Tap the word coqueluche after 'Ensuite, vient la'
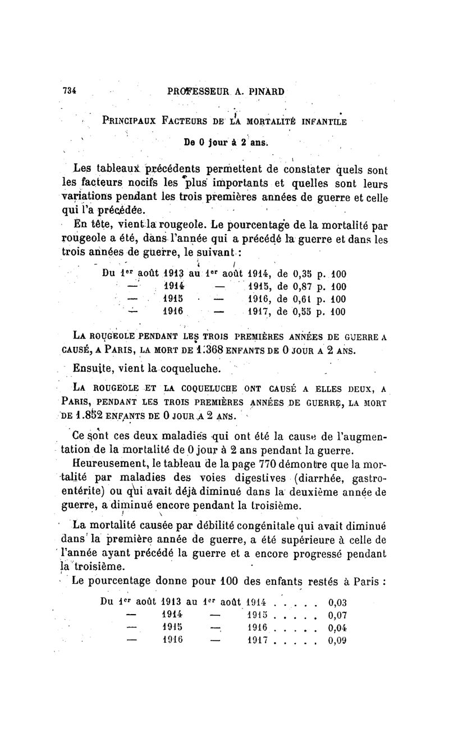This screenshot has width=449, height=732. (x=177, y=369)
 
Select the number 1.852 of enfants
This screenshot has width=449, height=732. (x=91, y=416)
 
